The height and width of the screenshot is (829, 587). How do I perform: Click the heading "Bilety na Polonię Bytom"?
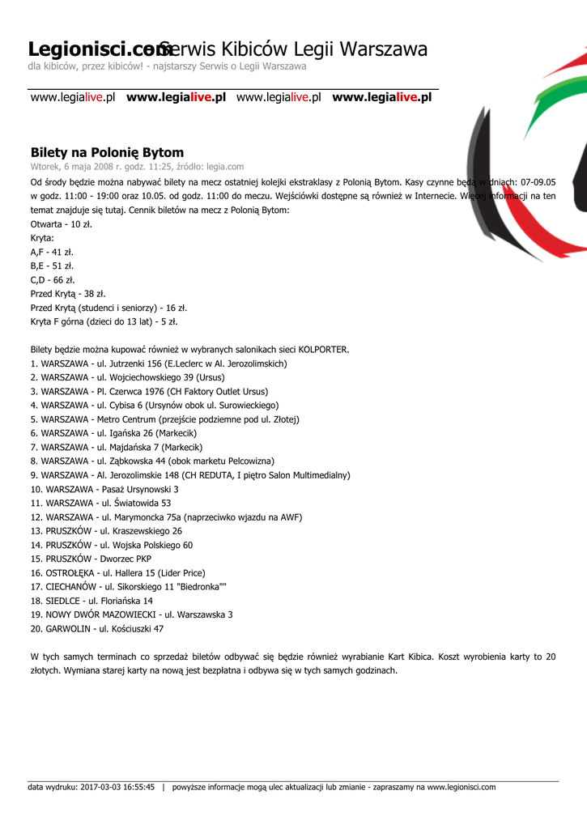[x=107, y=152]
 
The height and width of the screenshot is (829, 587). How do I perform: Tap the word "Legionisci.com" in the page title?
[x=94, y=50]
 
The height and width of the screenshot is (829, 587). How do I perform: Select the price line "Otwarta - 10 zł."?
[x=61, y=223]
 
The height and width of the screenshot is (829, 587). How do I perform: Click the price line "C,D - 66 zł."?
[x=53, y=279]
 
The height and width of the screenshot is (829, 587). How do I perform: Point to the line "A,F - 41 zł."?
[x=52, y=252]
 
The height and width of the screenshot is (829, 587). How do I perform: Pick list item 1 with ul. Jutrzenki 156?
[x=159, y=363]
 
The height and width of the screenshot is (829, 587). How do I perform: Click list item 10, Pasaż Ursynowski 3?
[x=104, y=489]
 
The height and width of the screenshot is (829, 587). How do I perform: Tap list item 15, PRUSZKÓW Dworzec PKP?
[x=91, y=559]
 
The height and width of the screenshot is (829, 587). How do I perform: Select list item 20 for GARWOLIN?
[x=97, y=628]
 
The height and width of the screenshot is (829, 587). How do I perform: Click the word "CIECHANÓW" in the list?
[x=71, y=586]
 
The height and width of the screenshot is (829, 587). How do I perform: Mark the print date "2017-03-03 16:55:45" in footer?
[x=117, y=787]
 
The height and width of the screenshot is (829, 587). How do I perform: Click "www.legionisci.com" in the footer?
[x=461, y=787]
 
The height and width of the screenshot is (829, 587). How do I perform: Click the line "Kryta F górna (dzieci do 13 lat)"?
[x=104, y=321]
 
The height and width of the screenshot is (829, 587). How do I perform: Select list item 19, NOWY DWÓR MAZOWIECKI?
[x=131, y=614]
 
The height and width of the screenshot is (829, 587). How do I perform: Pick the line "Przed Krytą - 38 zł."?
[x=68, y=294]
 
